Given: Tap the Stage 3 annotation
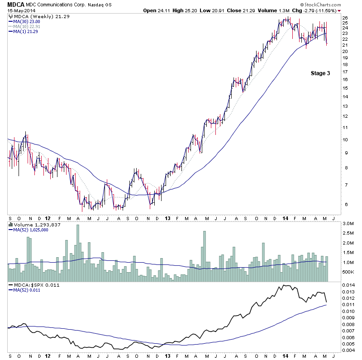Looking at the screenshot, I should click(320, 73).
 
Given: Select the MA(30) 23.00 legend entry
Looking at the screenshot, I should click(27, 21).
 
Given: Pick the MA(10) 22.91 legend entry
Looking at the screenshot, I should click(27, 26).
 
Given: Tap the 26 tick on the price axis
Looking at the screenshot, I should click(345, 18).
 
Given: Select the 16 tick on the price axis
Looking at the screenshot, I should click(345, 80).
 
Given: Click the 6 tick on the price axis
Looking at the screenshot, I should click(345, 204).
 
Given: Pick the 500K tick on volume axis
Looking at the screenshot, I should click(348, 272).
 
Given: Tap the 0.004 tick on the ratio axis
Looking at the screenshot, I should click(348, 350).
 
